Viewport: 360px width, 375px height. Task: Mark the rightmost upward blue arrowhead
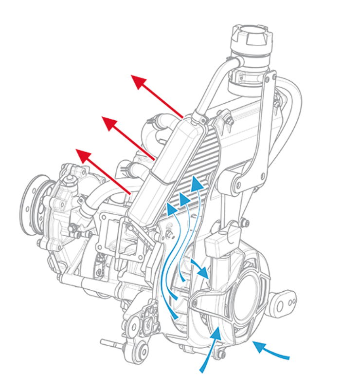[x=197, y=185]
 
